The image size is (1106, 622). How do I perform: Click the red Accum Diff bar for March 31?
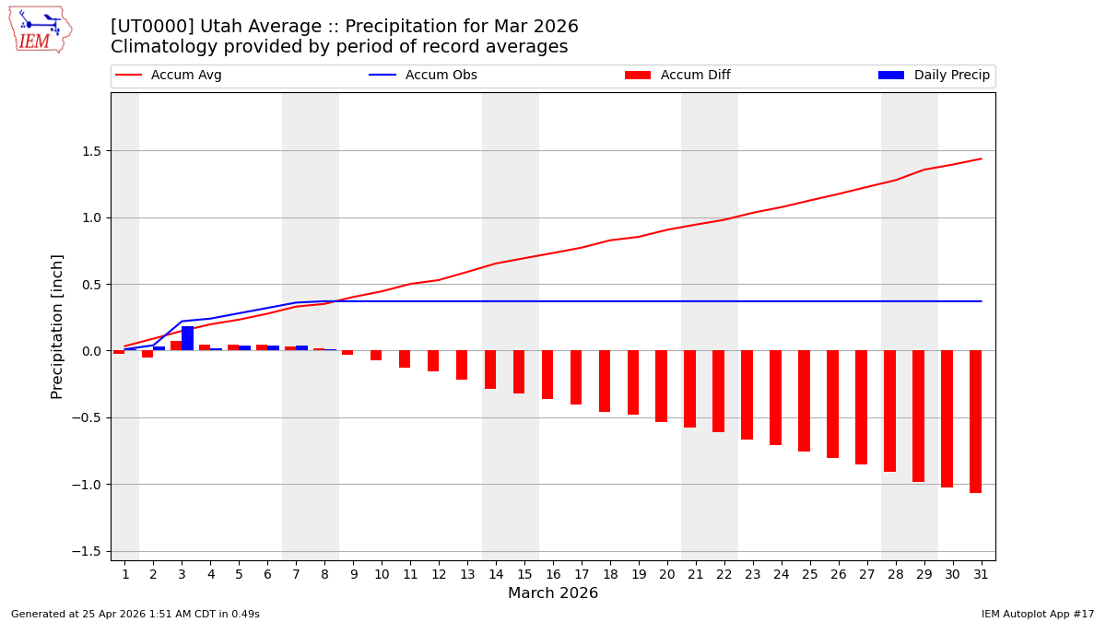coord(975,421)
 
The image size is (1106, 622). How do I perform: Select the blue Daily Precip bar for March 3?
coord(187,338)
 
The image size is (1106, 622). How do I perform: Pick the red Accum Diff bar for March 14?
coord(490,370)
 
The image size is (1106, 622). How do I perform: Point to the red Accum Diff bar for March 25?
coord(804,401)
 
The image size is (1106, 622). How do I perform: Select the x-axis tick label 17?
coord(581,574)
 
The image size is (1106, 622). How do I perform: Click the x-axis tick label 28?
coord(894,574)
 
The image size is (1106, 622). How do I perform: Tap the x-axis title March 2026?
coord(553,593)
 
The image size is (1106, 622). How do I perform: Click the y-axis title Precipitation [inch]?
coord(57,326)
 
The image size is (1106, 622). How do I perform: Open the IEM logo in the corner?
coord(40,29)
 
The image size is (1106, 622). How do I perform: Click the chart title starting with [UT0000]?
coord(345,27)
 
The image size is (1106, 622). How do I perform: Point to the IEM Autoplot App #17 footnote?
coord(1037,614)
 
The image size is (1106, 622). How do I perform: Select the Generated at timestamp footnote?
coord(135,614)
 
